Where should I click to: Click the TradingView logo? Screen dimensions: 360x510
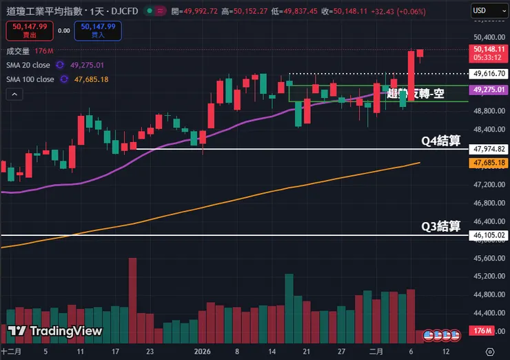pos(55,332)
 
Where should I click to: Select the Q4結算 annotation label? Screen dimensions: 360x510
pos(440,141)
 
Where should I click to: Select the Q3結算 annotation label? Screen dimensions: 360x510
pos(440,227)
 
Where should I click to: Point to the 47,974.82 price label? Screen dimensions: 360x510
pos(490,149)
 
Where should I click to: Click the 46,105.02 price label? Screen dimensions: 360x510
pos(490,235)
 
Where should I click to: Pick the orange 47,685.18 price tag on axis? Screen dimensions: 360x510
pos(490,163)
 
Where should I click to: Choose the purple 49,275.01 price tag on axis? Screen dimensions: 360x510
pos(490,90)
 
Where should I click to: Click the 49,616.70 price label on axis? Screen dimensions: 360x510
pos(490,73)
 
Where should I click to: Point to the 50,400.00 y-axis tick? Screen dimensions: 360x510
pos(490,37)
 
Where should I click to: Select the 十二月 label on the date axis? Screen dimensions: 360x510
pos(11,350)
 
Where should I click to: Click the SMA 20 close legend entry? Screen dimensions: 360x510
pos(29,65)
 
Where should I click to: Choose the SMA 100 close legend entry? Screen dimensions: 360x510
pos(31,79)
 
